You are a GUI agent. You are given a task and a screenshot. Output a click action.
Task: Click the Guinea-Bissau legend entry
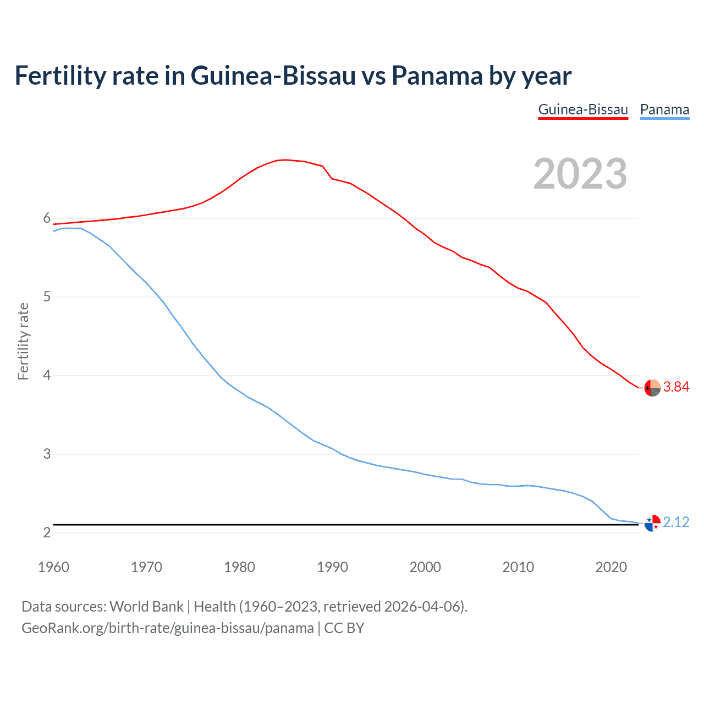click(583, 109)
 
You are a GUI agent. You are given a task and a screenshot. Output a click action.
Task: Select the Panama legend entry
click(664, 109)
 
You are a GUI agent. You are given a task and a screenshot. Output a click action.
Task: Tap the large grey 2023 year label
click(580, 174)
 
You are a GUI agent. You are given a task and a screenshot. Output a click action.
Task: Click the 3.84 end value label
click(676, 387)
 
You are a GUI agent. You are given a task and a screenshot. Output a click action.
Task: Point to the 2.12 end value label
click(676, 522)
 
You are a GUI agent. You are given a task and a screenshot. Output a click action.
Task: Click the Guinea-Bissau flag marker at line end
click(652, 388)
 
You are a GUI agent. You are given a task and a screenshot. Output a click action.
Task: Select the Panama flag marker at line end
click(652, 523)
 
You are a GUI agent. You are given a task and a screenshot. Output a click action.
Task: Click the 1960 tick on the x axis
click(53, 567)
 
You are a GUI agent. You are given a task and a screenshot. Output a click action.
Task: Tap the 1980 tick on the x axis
click(239, 567)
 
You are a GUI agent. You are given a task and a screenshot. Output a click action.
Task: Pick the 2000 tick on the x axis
click(425, 567)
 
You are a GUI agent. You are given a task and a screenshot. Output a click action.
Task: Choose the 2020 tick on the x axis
click(611, 567)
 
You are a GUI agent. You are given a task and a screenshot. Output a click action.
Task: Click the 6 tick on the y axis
click(47, 218)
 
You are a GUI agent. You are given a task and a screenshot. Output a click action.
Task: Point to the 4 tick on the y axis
click(47, 376)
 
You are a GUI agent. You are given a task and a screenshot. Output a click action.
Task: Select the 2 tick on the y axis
click(47, 533)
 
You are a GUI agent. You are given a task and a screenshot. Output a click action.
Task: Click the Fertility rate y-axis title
click(23, 341)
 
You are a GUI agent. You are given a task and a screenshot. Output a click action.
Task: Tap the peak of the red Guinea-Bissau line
click(284, 159)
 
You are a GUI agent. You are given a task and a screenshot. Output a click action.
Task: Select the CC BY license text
click(344, 628)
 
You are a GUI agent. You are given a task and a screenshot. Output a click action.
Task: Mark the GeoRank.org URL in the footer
click(167, 628)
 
